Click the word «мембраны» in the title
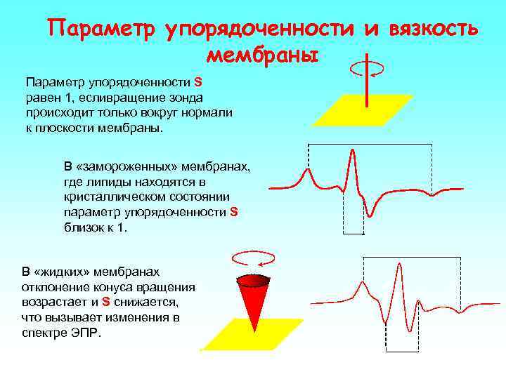(263, 54)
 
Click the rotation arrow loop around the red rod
(366, 67)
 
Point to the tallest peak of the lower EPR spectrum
(399, 270)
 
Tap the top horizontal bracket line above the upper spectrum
(370, 144)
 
